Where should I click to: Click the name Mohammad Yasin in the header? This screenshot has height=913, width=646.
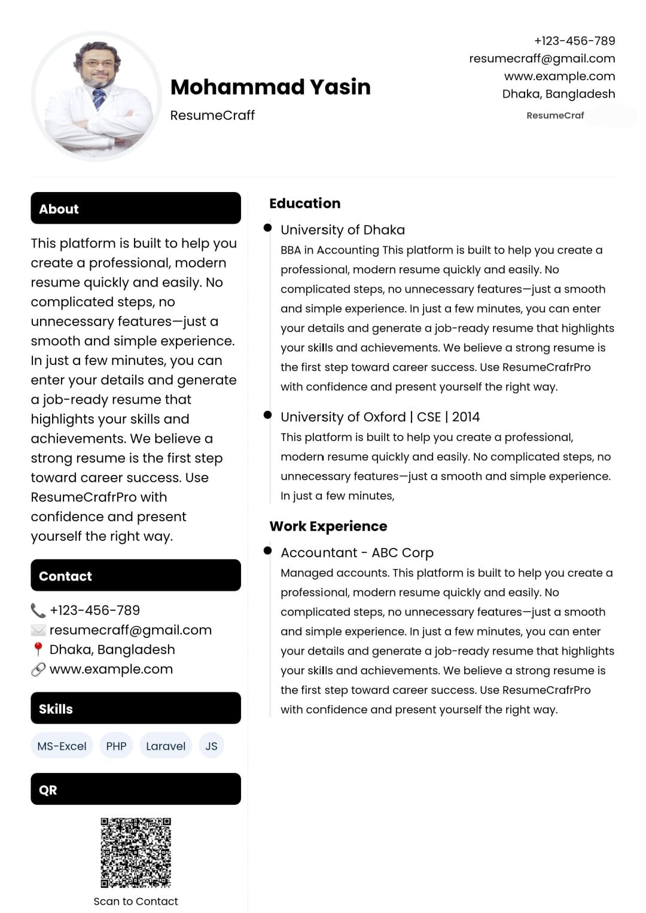(x=270, y=87)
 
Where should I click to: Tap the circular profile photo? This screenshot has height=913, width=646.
(x=96, y=96)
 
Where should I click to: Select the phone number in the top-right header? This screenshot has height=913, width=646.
(x=574, y=41)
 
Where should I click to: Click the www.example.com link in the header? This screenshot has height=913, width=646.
(x=559, y=76)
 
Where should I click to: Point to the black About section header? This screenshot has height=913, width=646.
(x=136, y=208)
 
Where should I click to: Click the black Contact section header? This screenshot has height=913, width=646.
(x=136, y=576)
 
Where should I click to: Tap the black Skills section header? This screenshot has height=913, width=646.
(x=136, y=708)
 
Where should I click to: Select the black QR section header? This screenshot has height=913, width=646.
(x=136, y=789)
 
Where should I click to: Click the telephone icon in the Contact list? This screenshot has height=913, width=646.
(x=38, y=610)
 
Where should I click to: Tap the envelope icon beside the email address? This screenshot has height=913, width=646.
(x=38, y=630)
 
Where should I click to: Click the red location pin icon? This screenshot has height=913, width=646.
(x=38, y=649)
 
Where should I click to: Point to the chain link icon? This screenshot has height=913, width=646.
(x=38, y=669)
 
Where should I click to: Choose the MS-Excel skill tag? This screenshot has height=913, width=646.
(x=62, y=746)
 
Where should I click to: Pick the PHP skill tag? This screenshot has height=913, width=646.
(x=116, y=746)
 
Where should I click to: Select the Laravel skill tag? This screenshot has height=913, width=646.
(x=166, y=746)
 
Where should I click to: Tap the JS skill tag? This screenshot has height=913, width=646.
(x=211, y=746)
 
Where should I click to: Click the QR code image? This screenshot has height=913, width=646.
(x=136, y=853)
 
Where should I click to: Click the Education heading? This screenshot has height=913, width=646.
(x=304, y=203)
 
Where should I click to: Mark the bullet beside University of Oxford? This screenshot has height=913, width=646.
(x=267, y=415)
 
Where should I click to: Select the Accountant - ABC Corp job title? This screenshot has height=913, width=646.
(x=357, y=553)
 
